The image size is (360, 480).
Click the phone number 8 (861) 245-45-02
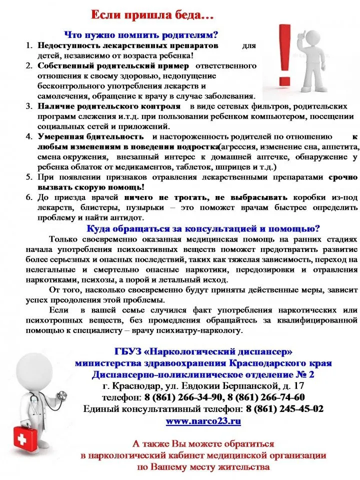(284, 409)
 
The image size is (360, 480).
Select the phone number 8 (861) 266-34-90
(184, 397)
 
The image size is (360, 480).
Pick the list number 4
(29, 136)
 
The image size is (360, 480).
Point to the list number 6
(29, 197)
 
